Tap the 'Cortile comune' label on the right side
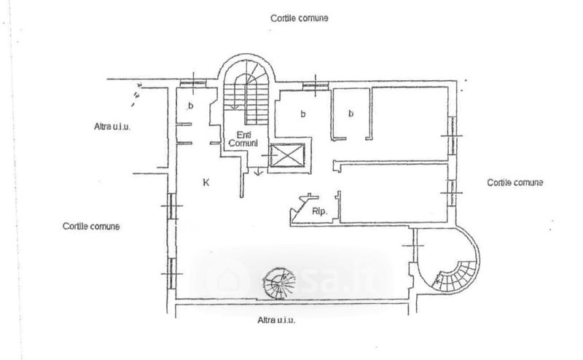[x=515, y=182]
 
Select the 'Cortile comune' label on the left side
[x=91, y=226]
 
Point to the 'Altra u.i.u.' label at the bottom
[x=281, y=319]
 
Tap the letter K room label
[x=206, y=183]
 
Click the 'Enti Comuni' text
[x=242, y=138]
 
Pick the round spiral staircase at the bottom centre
[x=278, y=281]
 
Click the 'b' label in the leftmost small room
[x=191, y=107]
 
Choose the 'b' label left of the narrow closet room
[x=302, y=114]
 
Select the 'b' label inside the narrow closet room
[x=351, y=114]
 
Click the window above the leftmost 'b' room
[x=192, y=82]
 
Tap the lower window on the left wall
[x=171, y=273]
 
